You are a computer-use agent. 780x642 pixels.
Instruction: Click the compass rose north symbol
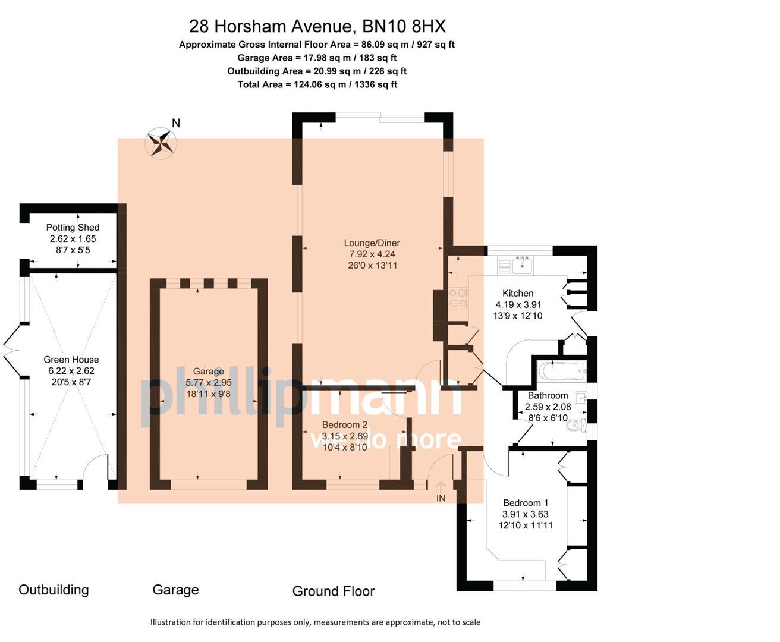(x=161, y=143)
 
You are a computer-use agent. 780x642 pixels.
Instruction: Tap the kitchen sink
(x=521, y=264)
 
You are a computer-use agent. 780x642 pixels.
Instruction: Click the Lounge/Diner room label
(x=372, y=243)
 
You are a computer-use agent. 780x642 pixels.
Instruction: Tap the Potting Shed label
(x=73, y=228)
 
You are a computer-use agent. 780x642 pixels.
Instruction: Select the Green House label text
(x=71, y=360)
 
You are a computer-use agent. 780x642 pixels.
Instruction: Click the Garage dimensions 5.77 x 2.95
(x=208, y=383)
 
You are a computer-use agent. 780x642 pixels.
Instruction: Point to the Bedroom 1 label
(x=526, y=503)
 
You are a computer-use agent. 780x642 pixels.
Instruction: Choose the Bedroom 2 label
(x=345, y=425)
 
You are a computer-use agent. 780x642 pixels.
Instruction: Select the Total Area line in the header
(x=317, y=84)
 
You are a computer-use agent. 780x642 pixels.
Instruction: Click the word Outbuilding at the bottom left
(x=54, y=590)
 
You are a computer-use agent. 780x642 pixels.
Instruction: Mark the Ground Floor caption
(x=333, y=591)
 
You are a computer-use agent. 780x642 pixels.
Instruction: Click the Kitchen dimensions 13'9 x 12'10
(x=517, y=316)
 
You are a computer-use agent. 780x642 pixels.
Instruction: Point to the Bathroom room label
(x=548, y=395)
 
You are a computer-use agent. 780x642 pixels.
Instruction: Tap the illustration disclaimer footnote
(x=315, y=622)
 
